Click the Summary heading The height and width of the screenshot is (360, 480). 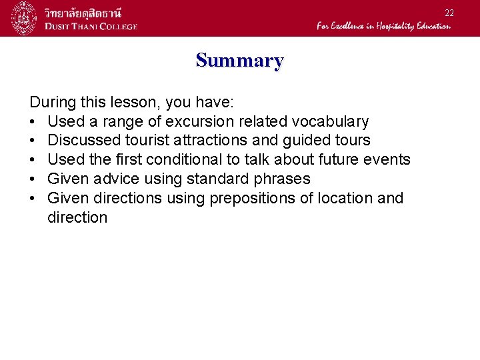pyautogui.click(x=239, y=61)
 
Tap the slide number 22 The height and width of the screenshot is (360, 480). pyautogui.click(x=449, y=13)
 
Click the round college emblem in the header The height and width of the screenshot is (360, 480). pyautogui.click(x=24, y=18)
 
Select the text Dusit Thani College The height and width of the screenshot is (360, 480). pyautogui.click(x=91, y=26)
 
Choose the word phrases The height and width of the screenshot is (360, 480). pyautogui.click(x=281, y=179)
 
